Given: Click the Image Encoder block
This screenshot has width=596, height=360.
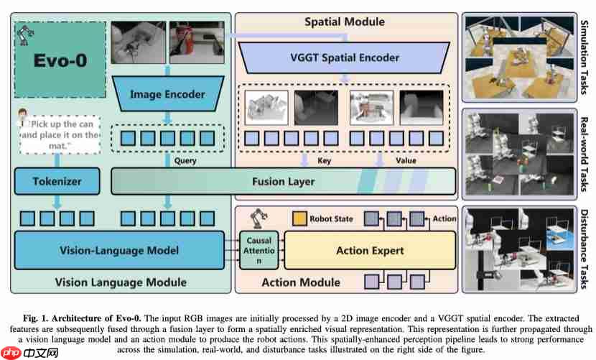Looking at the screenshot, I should pyautogui.click(x=168, y=94).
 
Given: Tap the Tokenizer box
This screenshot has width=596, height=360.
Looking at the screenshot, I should pyautogui.click(x=57, y=182).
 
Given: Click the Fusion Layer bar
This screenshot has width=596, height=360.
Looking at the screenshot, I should pyautogui.click(x=283, y=182).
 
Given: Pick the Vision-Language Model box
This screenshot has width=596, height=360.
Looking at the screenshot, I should pyautogui.click(x=119, y=251).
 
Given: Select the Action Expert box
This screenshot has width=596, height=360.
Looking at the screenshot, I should pyautogui.click(x=370, y=251).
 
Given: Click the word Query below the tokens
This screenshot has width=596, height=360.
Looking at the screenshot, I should pyautogui.click(x=185, y=161).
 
